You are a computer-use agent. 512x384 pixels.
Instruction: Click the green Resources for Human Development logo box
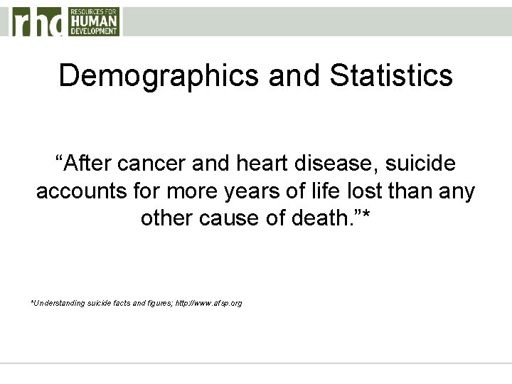coord(94,21)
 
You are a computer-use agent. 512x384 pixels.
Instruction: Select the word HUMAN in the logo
coord(94,21)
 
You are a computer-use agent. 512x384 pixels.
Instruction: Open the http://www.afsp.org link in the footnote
coord(208,303)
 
